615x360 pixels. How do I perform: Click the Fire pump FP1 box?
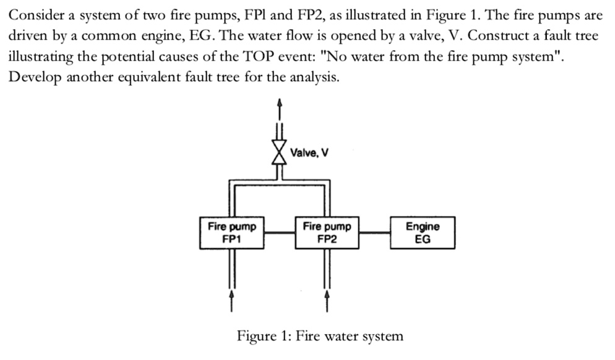click(x=232, y=233)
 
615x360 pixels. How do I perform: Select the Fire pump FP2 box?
click(x=327, y=233)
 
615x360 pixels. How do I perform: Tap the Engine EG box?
click(x=423, y=233)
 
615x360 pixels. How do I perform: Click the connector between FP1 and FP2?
click(x=280, y=233)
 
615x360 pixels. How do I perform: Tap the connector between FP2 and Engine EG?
click(x=374, y=233)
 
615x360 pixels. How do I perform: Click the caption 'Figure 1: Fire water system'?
click(x=320, y=336)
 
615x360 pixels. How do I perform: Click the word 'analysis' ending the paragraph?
click(x=314, y=78)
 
